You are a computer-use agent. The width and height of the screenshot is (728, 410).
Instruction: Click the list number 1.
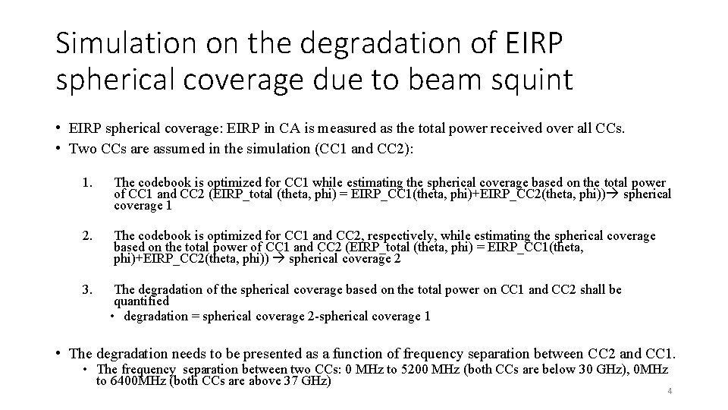[x=89, y=183]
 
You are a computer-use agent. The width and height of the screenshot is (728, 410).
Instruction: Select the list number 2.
[x=89, y=236]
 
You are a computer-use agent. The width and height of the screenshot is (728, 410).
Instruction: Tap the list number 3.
[x=89, y=289]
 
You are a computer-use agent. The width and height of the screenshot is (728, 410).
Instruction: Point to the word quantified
[x=142, y=301]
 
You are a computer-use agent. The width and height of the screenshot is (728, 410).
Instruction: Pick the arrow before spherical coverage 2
[x=278, y=258]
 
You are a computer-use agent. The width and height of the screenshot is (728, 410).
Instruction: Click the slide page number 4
[x=670, y=391]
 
